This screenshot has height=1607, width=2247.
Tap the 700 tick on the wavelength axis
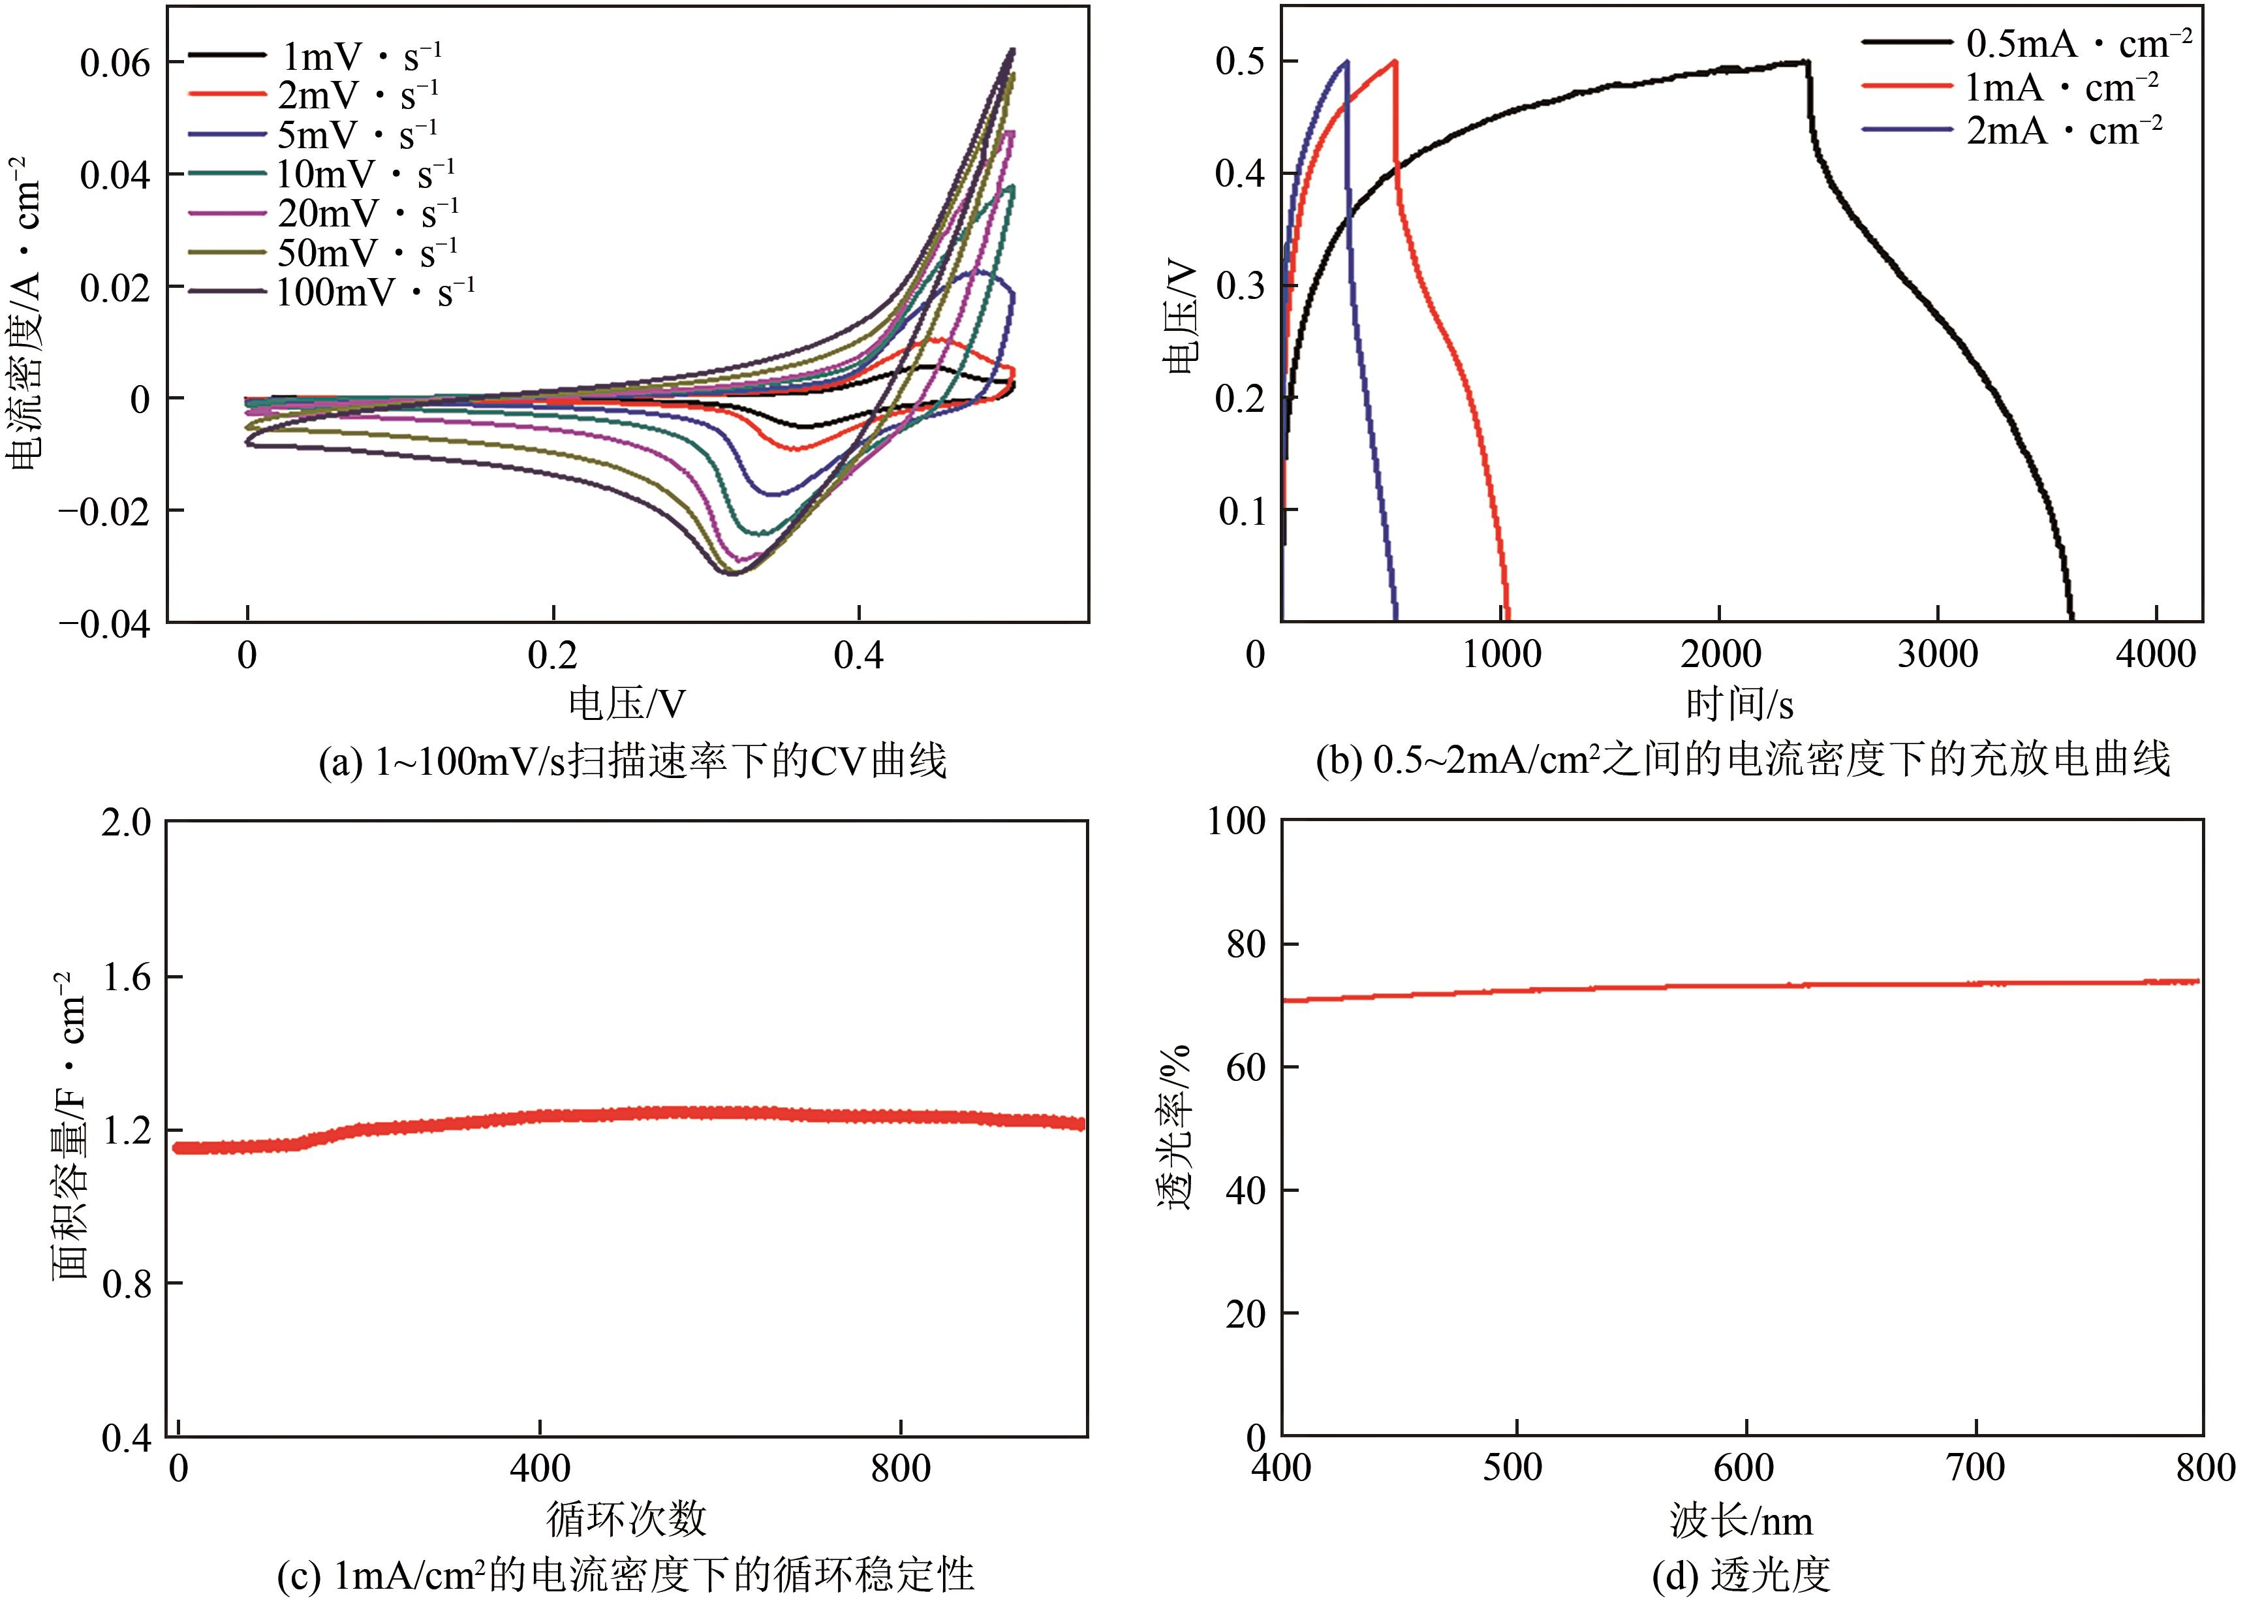(1976, 1467)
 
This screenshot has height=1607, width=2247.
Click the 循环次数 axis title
(627, 1518)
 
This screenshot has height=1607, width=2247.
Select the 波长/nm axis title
(1741, 1520)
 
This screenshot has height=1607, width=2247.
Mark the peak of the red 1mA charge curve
(1394, 61)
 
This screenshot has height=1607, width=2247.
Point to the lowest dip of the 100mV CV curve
(732, 573)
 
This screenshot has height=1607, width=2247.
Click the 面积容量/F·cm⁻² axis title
(69, 1127)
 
